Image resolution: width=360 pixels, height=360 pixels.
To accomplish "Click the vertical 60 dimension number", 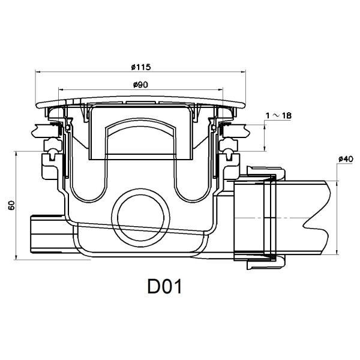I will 11,206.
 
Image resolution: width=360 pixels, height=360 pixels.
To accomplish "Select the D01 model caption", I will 164,287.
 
